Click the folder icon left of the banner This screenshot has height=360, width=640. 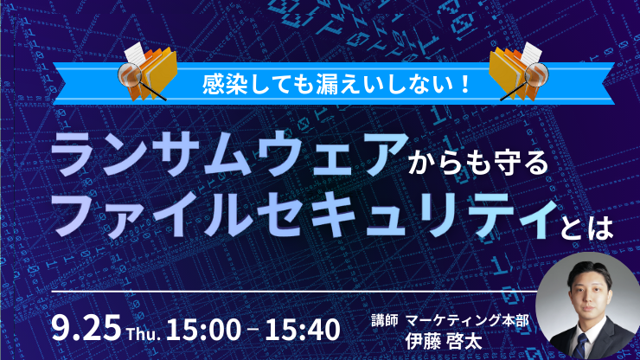pos(154,74)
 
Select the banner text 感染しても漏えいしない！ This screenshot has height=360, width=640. pos(336,85)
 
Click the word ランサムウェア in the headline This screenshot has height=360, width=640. pos(229,154)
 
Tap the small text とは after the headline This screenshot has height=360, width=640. pos(586,227)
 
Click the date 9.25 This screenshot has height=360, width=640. pos(86,328)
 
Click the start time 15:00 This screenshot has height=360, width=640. pos(203,330)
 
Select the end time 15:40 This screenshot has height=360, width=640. pos(303,330)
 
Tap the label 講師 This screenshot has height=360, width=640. pos(385,321)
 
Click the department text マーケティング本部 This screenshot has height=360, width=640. pos(467,321)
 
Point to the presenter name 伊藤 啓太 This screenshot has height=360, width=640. pos(444,342)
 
